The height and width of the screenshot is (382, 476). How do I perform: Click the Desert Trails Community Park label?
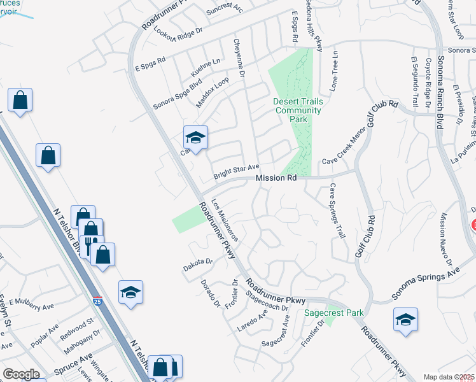click(298, 110)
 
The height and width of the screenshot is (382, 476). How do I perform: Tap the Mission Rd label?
click(276, 179)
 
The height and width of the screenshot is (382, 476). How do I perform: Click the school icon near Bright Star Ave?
click(196, 138)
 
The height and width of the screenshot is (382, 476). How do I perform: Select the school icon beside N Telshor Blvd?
click(131, 292)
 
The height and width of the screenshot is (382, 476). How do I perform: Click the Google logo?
click(21, 374)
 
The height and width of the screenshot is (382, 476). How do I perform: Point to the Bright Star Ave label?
click(236, 171)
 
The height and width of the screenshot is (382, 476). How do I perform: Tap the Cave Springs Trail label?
click(337, 211)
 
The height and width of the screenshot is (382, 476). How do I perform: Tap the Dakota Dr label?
click(197, 262)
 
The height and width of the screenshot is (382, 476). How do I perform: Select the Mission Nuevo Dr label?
click(444, 240)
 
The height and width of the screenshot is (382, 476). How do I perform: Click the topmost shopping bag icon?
click(20, 101)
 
